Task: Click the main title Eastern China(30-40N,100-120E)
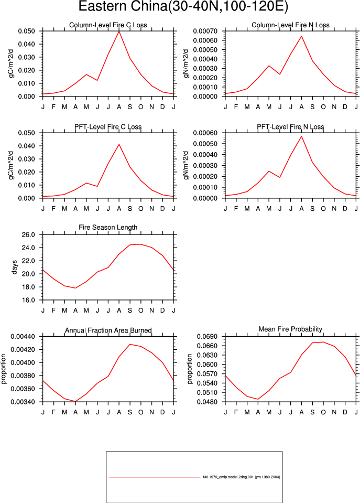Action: (x=183, y=6)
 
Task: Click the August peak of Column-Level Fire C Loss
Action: (x=119, y=31)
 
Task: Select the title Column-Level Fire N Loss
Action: (x=290, y=25)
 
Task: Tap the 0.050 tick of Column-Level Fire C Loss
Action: (x=26, y=31)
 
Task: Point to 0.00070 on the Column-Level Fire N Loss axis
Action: (x=205, y=31)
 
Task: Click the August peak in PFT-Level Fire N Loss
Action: (x=301, y=136)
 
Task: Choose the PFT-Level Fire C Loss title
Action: (x=108, y=127)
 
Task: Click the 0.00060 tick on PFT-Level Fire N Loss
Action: (x=205, y=133)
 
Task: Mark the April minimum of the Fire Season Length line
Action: (x=75, y=288)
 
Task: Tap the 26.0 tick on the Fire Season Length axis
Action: (x=28, y=234)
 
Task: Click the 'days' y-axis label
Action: (x=14, y=267)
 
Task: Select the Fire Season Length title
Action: (x=108, y=227)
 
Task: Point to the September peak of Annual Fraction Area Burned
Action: (x=130, y=344)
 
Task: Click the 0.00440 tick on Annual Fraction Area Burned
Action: (x=23, y=337)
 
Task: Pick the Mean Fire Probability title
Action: (x=290, y=329)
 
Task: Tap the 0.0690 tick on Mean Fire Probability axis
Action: (x=207, y=337)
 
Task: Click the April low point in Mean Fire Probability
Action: (x=258, y=399)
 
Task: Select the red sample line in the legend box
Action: (x=154, y=477)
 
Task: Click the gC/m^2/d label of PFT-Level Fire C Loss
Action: (x=12, y=165)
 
